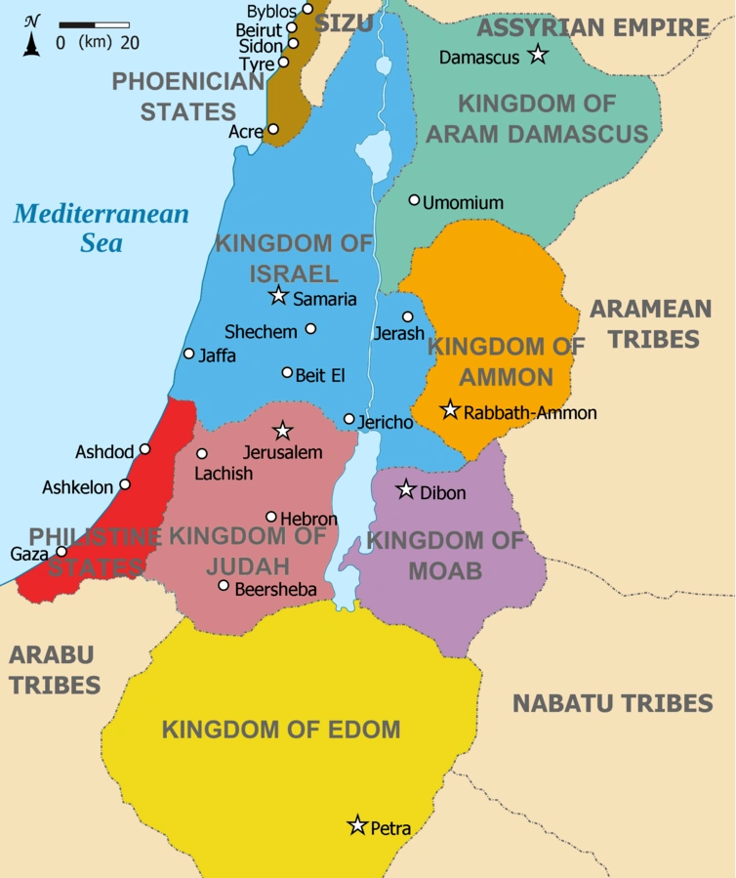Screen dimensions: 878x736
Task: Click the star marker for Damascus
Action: click(537, 55)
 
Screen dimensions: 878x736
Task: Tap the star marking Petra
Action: click(357, 825)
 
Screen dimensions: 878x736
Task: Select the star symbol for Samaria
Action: click(279, 295)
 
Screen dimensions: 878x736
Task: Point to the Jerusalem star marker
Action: click(283, 430)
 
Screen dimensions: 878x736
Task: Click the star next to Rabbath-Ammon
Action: click(450, 409)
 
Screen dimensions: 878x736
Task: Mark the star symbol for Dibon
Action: click(406, 489)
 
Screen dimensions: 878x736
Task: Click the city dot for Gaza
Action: click(61, 551)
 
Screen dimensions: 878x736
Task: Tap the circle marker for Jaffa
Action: click(189, 354)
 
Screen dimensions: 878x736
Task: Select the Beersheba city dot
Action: click(224, 586)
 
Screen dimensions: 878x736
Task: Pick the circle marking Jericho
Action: click(349, 419)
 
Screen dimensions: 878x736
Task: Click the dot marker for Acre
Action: click(273, 129)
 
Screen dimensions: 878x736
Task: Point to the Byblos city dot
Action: click(307, 9)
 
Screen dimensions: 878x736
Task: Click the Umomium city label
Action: click(463, 203)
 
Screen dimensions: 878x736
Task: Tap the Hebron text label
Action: click(308, 519)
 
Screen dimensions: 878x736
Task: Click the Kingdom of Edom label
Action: click(281, 729)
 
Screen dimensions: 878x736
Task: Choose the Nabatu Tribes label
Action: click(612, 702)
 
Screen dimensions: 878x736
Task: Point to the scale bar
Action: click(94, 23)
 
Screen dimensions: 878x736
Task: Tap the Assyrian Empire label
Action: click(593, 27)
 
